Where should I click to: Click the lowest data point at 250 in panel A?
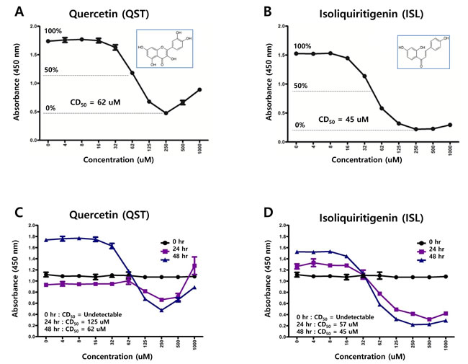[166, 113]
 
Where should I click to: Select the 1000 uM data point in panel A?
[199, 90]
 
